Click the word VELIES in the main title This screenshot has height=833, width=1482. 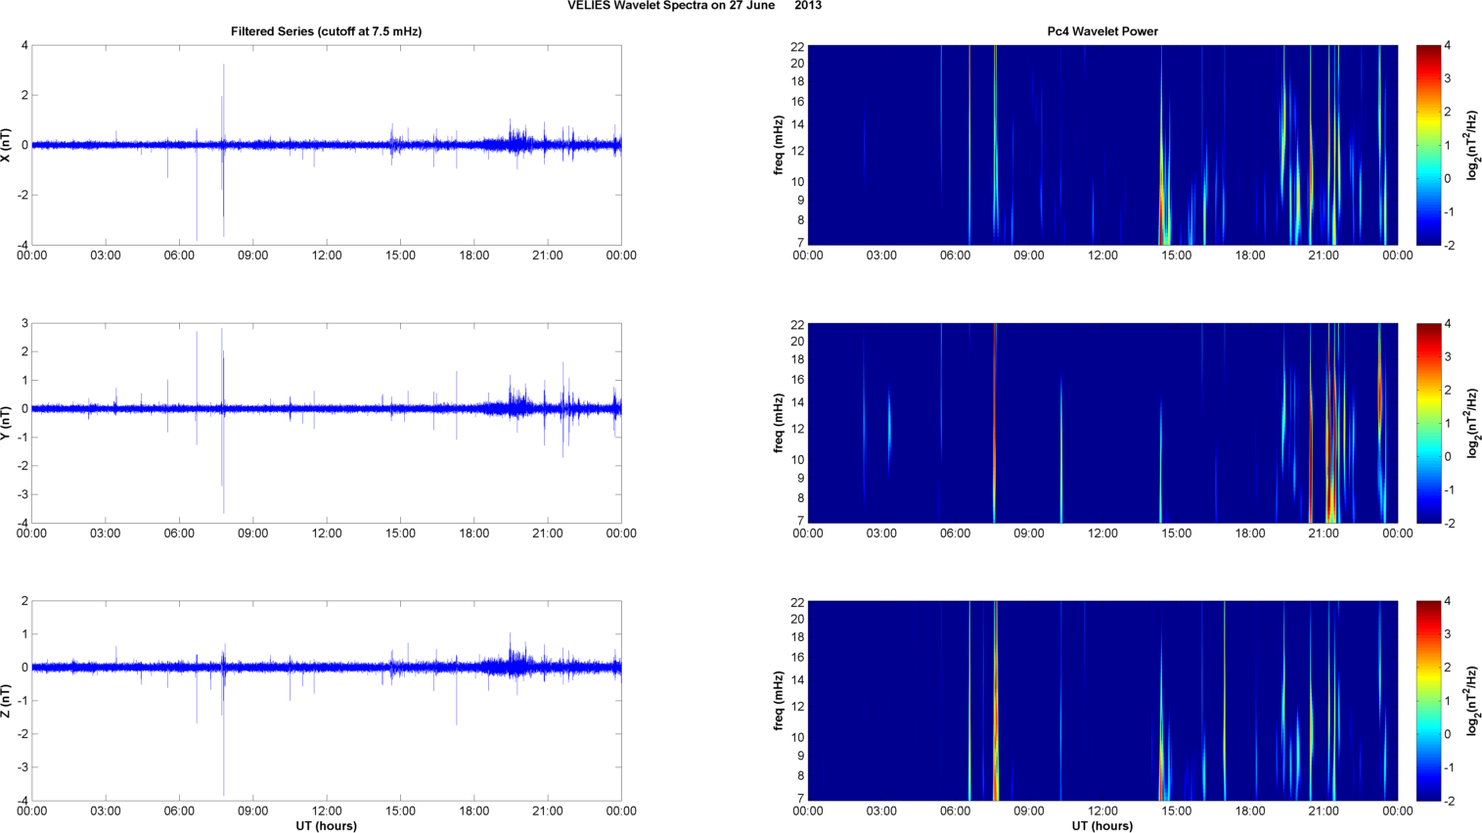pos(588,6)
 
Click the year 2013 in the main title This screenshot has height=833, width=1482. pos(808,6)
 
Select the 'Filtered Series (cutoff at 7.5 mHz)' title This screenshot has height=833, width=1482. pos(326,31)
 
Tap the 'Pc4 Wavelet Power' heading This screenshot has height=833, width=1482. pos(1102,31)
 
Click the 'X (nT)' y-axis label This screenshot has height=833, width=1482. pos(7,145)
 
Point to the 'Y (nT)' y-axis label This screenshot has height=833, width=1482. pos(7,423)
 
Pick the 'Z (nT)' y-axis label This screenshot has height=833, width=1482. pos(7,701)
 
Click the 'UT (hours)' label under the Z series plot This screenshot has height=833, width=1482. pos(326,826)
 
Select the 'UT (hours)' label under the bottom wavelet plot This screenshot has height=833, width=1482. pos(1102,826)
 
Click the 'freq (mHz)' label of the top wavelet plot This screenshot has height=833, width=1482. pos(779,145)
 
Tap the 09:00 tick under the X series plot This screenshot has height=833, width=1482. pos(252,255)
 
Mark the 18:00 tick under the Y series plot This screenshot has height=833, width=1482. pos(474,533)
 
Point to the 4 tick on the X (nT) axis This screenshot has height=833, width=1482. pos(24,45)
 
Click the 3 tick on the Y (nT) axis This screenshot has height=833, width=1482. pos(24,323)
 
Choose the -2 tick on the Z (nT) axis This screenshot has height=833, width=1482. pos(22,734)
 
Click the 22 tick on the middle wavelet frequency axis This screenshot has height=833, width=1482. pos(797,325)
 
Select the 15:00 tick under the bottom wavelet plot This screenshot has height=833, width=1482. pos(1176,811)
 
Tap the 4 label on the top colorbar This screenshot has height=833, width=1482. pos(1447,45)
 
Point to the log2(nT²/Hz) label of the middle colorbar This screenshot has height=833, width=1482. pos(1472,423)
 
